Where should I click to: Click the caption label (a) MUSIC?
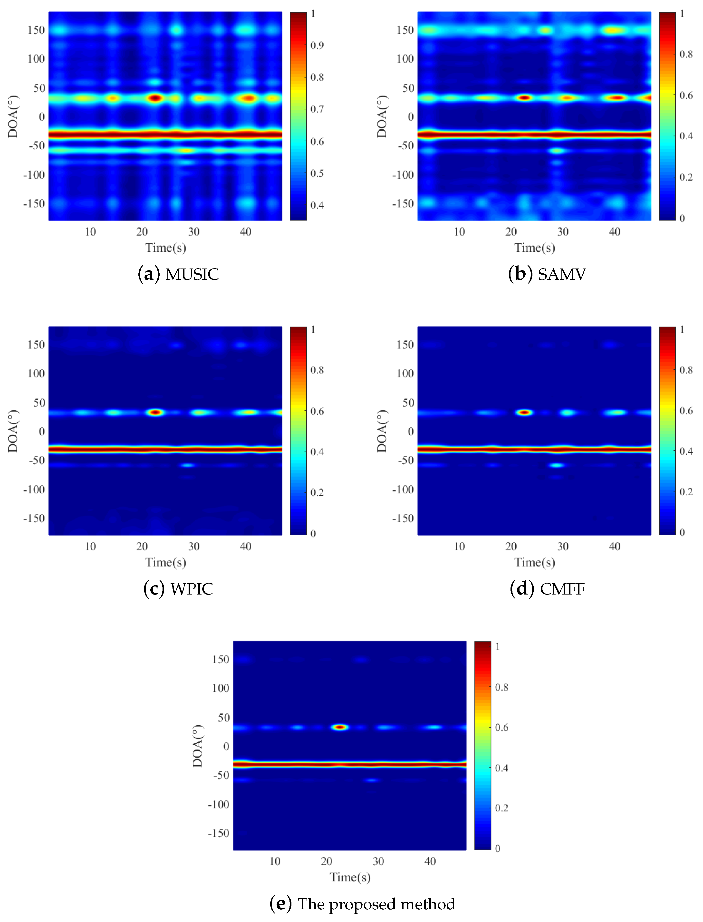coord(178,274)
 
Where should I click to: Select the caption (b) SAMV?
coord(547,274)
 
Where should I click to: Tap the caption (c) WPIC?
coord(178,589)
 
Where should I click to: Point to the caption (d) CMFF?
coord(547,589)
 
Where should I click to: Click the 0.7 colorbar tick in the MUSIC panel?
coord(317,109)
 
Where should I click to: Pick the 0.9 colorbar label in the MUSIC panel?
coord(317,45)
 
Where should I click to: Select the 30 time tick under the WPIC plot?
coord(194,546)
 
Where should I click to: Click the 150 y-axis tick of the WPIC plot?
coord(36,345)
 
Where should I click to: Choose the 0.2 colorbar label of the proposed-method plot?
coord(501,808)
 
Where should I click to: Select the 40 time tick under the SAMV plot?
coord(614,232)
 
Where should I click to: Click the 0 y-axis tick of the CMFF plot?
coord(411,431)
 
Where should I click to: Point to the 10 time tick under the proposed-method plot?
coord(275,861)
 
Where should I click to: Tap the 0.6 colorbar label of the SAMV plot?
coord(686,95)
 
